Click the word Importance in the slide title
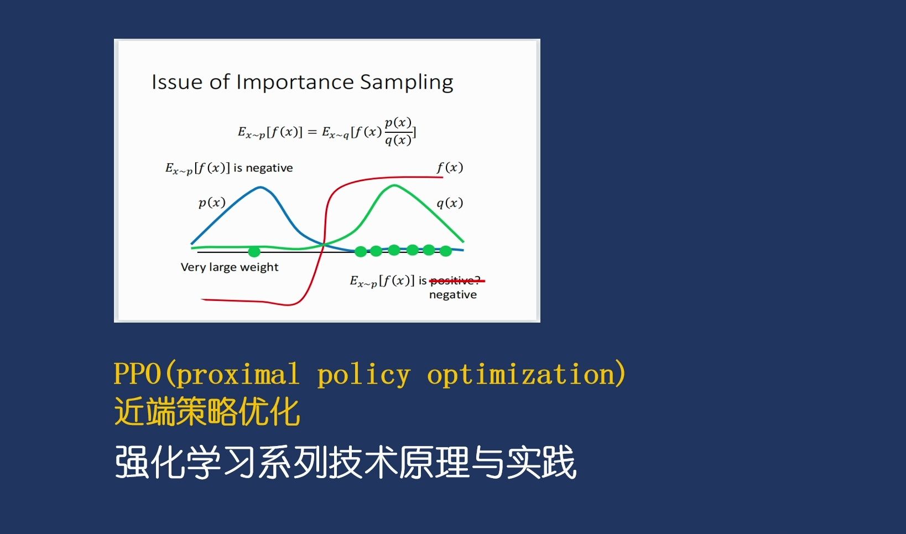(295, 82)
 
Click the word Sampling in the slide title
(407, 82)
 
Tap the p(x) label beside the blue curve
(212, 203)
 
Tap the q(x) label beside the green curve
(450, 203)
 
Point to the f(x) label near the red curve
(450, 167)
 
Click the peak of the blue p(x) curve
(261, 188)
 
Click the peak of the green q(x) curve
(394, 186)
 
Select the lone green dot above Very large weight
(254, 252)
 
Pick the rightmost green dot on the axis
(446, 251)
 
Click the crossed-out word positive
(455, 281)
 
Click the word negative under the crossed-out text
(452, 295)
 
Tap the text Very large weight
(230, 267)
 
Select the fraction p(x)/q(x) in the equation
(398, 131)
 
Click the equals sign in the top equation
(312, 132)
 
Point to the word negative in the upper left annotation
(269, 168)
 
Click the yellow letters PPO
(137, 374)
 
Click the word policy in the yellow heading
(363, 375)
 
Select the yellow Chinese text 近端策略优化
(207, 412)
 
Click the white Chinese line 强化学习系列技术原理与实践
(345, 463)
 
